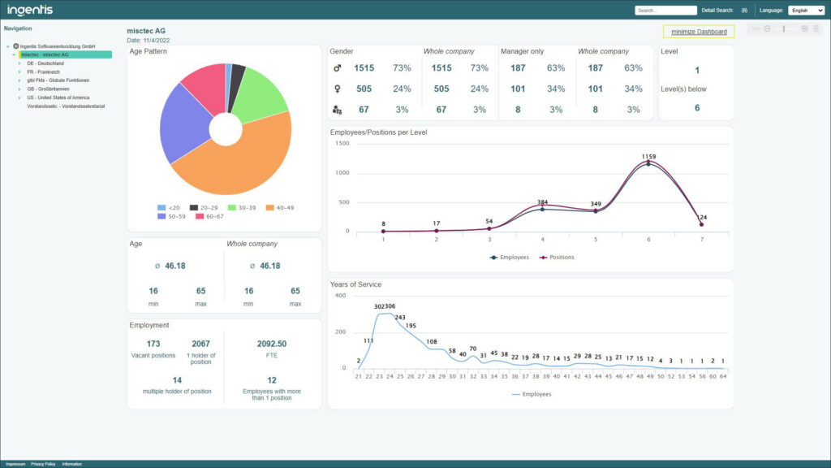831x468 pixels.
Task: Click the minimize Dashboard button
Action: click(699, 32)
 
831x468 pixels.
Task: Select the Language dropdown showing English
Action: click(806, 11)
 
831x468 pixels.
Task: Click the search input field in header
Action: click(665, 11)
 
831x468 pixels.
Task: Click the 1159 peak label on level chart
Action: click(648, 156)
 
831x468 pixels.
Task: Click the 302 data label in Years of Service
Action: click(379, 306)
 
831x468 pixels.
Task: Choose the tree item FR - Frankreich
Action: click(43, 71)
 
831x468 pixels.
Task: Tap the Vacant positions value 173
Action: click(153, 344)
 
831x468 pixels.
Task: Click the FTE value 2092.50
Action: click(271, 344)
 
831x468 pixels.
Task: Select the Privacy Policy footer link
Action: click(43, 464)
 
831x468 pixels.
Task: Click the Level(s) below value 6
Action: click(696, 108)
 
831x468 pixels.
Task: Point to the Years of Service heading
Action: click(355, 284)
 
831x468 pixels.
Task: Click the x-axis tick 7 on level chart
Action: click(701, 240)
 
